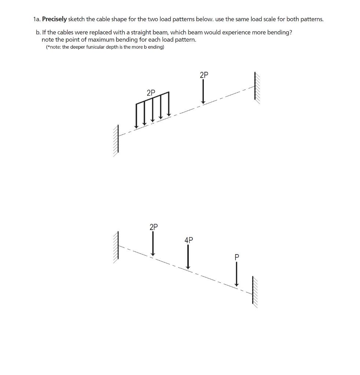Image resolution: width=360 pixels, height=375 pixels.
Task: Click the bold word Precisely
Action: coord(54,19)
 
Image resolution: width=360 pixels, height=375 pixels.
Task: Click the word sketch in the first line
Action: coord(76,19)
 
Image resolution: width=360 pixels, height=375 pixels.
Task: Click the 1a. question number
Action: coord(37,19)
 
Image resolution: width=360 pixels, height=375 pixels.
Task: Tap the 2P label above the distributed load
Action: coord(151,93)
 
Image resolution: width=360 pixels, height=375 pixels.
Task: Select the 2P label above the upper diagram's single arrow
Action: coord(204,75)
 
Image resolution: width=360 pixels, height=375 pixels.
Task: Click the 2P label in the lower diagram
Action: coord(154,227)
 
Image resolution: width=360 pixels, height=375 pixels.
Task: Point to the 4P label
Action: coord(188,240)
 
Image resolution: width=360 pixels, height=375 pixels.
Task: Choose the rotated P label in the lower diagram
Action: coord(236,257)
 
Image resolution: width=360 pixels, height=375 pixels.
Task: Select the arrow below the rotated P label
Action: coord(236,275)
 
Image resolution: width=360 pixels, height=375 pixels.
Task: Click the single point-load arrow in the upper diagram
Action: coord(203,92)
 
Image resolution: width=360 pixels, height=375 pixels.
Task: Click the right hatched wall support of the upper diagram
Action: coord(256,88)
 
